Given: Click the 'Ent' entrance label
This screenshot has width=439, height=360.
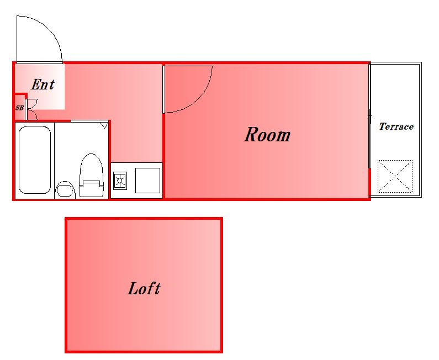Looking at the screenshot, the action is pyautogui.click(x=43, y=84).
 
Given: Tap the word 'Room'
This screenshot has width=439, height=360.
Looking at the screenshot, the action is pyautogui.click(x=267, y=135).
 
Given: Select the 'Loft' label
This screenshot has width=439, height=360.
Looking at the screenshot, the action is pyautogui.click(x=144, y=288).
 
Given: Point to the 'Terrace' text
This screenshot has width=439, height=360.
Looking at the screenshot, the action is pyautogui.click(x=396, y=126).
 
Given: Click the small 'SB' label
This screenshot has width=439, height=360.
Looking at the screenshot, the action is pyautogui.click(x=19, y=108).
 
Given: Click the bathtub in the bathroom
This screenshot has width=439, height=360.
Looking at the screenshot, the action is pyautogui.click(x=35, y=160).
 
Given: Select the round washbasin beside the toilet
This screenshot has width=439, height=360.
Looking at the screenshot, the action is pyautogui.click(x=65, y=189).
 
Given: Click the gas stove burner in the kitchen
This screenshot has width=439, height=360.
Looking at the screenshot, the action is pyautogui.click(x=120, y=181).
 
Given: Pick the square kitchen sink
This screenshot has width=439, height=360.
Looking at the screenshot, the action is pyautogui.click(x=147, y=181).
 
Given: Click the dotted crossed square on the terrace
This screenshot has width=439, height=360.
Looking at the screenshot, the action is pyautogui.click(x=395, y=176).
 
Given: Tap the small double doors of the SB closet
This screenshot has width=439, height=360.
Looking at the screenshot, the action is pyautogui.click(x=31, y=109).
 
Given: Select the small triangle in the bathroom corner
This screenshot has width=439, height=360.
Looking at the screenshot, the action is pyautogui.click(x=104, y=125).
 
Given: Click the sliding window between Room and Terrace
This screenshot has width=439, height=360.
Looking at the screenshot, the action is pyautogui.click(x=369, y=116).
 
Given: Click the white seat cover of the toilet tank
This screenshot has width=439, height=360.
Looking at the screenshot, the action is pyautogui.click(x=90, y=184).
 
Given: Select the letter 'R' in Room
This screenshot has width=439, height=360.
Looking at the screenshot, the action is pyautogui.click(x=251, y=134).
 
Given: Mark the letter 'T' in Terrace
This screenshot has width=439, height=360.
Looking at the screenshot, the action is pyautogui.click(x=382, y=126).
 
